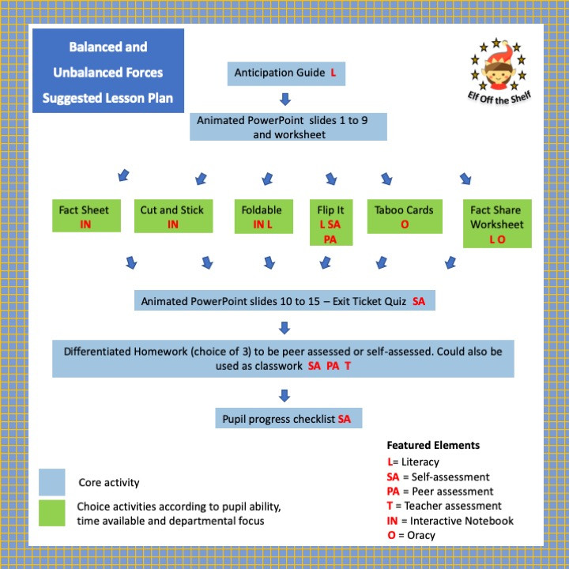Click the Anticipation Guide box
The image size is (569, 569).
(x=284, y=73)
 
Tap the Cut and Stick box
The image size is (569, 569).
(x=171, y=216)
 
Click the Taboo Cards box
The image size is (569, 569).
(x=403, y=216)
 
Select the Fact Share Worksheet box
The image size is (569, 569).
(x=496, y=223)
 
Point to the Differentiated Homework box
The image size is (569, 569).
(x=283, y=359)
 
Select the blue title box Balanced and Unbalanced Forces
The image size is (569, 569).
(x=108, y=72)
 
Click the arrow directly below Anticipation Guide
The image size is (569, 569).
(x=285, y=100)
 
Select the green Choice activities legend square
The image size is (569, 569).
(x=51, y=513)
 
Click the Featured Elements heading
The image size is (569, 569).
(x=432, y=445)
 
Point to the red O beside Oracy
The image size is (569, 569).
(x=391, y=535)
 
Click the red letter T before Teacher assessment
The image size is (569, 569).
(x=390, y=506)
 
